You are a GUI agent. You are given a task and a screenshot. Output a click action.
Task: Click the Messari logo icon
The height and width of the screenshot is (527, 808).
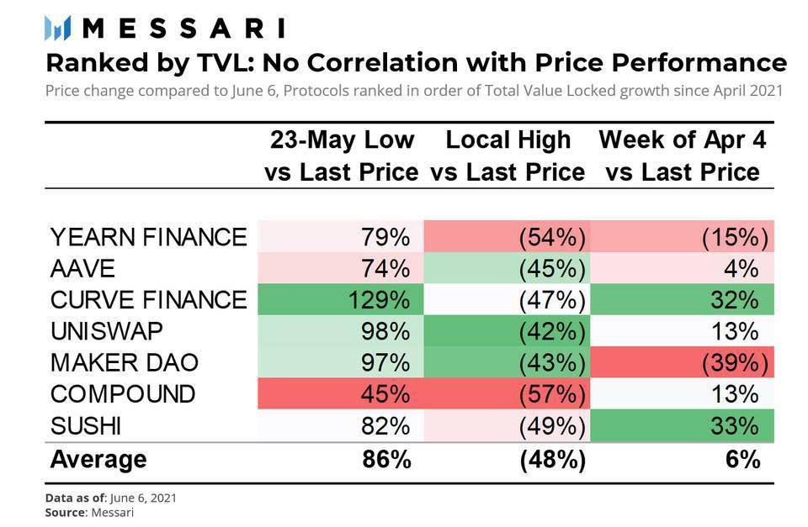(x=56, y=28)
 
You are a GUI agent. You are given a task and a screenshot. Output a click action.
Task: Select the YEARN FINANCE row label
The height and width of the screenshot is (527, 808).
(x=148, y=237)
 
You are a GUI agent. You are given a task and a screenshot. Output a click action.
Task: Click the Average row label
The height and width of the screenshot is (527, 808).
(x=98, y=460)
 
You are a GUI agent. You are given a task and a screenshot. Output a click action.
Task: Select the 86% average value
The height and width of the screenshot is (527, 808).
(x=388, y=460)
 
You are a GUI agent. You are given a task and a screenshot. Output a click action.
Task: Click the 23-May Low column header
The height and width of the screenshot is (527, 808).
(x=341, y=155)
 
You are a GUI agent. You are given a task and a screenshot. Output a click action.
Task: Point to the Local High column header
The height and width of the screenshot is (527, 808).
(x=508, y=155)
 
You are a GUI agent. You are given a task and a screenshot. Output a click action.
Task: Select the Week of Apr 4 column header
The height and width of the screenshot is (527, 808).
(x=683, y=155)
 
